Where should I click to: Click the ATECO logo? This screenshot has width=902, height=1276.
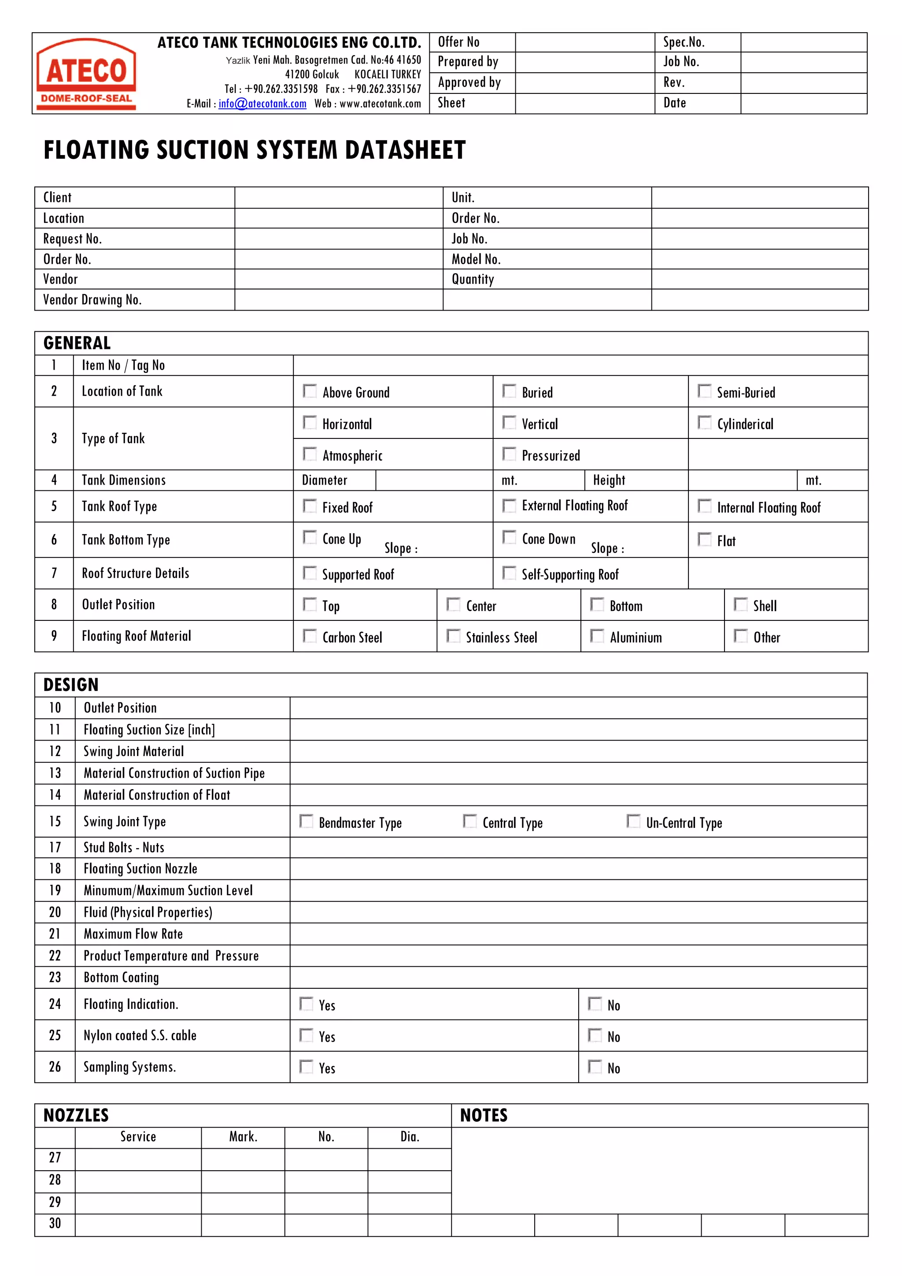point(86,73)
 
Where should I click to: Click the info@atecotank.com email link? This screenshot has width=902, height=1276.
point(262,104)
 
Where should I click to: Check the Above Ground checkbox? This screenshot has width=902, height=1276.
point(309,391)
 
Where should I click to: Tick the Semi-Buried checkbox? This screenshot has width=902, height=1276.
point(704,391)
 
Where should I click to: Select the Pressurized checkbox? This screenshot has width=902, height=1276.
point(509,454)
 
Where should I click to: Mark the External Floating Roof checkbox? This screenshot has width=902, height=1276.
point(509,506)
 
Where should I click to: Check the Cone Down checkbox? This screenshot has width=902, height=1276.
point(509,538)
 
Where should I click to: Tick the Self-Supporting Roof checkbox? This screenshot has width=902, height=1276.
point(509,573)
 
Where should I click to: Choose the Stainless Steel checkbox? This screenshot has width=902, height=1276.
point(453,636)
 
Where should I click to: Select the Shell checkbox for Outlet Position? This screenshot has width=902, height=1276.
point(740,605)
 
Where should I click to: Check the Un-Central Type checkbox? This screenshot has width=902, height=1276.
point(633,821)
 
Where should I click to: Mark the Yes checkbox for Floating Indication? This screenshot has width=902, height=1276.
point(306,1004)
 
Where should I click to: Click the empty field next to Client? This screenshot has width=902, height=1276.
point(338,198)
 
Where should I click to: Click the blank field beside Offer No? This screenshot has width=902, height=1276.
point(584,42)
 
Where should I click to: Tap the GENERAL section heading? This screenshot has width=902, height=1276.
point(77,343)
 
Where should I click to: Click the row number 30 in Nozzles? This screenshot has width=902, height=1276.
point(55,1224)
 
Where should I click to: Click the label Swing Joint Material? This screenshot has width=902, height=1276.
point(133,751)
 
